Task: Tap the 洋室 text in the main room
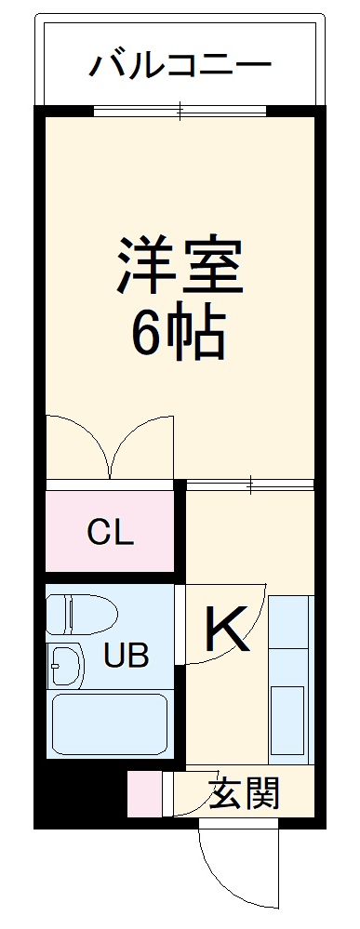click(x=180, y=266)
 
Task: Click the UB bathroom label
click(x=127, y=657)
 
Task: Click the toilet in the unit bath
click(x=81, y=615)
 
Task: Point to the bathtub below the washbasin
click(x=111, y=725)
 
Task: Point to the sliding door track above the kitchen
click(x=250, y=483)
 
